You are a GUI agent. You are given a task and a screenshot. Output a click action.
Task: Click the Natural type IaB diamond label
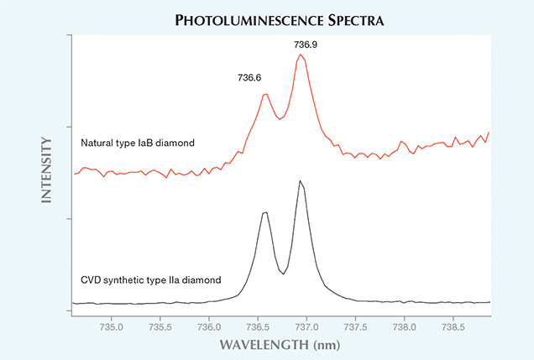click(138, 143)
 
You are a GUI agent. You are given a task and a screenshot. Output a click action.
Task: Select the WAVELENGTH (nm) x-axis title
click(280, 344)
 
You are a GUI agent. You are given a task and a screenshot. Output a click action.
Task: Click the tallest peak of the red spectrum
click(299, 55)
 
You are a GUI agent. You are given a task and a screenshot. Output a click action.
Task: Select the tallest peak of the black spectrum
click(299, 180)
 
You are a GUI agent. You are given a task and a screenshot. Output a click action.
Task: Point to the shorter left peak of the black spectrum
click(264, 213)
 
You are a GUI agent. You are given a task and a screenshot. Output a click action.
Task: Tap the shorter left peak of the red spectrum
click(264, 94)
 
